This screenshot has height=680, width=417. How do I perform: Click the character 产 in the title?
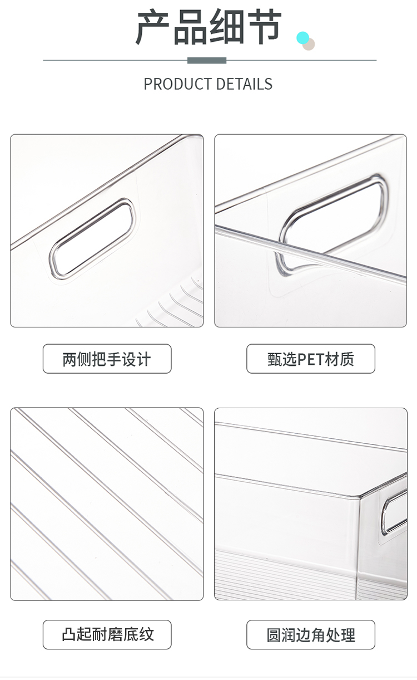click(152, 27)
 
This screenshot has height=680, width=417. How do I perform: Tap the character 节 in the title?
click(263, 27)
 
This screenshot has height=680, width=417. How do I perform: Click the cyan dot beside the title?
click(302, 38)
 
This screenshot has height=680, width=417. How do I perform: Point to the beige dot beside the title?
click(309, 45)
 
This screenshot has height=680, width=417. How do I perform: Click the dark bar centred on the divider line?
click(207, 60)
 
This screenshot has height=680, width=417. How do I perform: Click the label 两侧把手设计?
click(107, 359)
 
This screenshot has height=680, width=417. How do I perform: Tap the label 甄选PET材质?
click(311, 359)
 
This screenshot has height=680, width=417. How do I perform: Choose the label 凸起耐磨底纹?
click(107, 634)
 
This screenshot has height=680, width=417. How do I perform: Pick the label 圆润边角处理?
click(311, 634)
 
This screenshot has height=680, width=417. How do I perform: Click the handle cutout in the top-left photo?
click(92, 238)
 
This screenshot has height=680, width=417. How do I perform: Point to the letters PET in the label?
click(311, 359)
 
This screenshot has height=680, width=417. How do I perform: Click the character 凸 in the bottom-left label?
click(69, 634)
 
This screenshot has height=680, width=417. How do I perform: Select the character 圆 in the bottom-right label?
click(274, 634)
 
